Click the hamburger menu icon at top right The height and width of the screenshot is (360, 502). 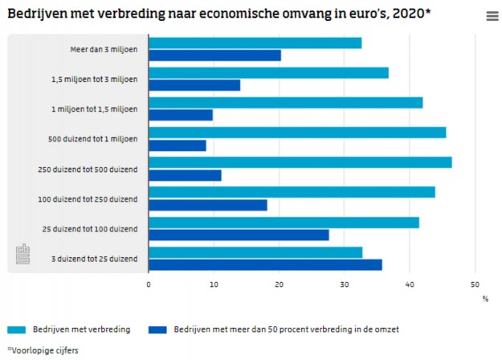point(492,16)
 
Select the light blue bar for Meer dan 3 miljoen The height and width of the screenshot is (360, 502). point(255,43)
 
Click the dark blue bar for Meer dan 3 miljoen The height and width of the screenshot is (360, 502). point(214,55)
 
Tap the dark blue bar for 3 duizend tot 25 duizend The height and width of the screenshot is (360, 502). point(265,264)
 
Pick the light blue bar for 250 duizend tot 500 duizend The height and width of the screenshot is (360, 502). point(300,162)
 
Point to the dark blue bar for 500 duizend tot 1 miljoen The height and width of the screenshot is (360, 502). point(178,145)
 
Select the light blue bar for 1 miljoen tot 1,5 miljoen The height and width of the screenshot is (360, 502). point(286,103)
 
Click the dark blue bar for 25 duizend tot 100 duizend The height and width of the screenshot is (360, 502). point(239,235)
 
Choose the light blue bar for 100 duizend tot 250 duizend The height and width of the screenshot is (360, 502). point(292,192)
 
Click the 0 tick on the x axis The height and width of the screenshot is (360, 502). point(149,284)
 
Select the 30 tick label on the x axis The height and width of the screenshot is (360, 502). point(344,284)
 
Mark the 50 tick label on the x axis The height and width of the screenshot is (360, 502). point(474,284)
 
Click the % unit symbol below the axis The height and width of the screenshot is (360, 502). point(485,298)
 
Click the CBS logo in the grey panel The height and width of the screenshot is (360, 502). point(22,255)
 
